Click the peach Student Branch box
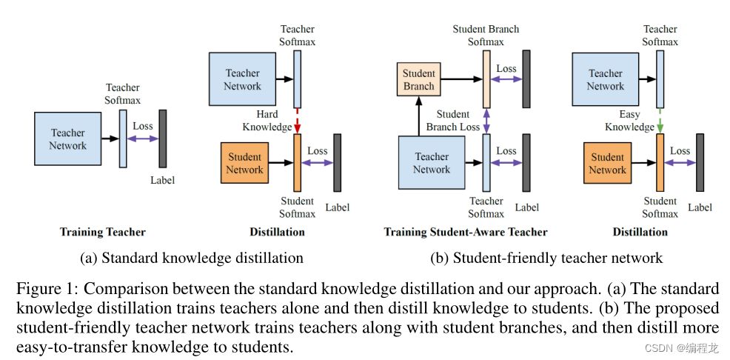[418, 79]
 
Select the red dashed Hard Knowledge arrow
[297, 121]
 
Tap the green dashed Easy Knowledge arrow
[660, 121]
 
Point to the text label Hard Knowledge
[267, 121]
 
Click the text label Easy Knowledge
[629, 121]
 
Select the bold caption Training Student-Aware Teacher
[465, 232]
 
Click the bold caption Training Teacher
[103, 232]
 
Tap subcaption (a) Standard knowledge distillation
[192, 258]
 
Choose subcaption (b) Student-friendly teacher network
[546, 258]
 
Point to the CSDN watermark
[680, 347]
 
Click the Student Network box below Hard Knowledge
[244, 163]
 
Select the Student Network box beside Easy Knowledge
[607, 163]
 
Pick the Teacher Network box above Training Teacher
[67, 139]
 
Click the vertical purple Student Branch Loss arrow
[486, 121]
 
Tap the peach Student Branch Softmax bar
[486, 79]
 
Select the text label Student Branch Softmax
[486, 36]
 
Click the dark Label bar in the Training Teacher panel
[163, 139]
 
